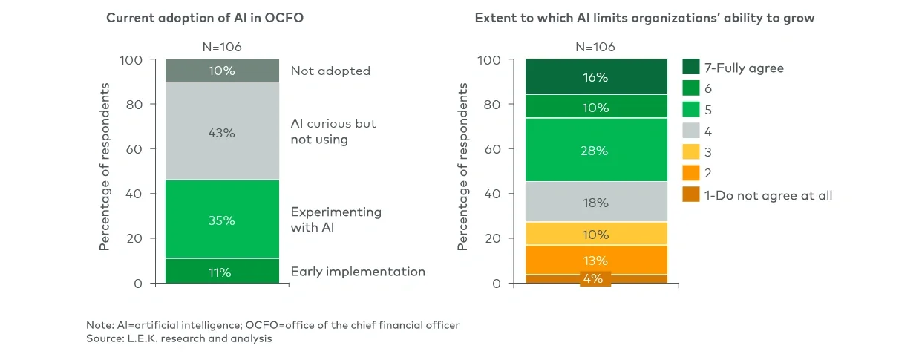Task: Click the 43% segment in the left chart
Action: tap(222, 132)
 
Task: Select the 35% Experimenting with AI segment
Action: tap(222, 220)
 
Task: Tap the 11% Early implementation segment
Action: tap(222, 272)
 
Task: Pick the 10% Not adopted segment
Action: tap(222, 71)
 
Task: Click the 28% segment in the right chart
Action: tap(596, 150)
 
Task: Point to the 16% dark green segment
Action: tap(596, 77)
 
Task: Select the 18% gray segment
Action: tap(596, 202)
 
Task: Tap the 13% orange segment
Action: tap(596, 260)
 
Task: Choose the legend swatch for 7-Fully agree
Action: tap(690, 68)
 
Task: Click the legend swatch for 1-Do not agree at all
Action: tap(690, 195)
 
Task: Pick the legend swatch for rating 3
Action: tap(690, 153)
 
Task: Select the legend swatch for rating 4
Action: tap(690, 131)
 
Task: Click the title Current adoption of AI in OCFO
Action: tap(205, 18)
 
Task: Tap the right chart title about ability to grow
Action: tap(644, 18)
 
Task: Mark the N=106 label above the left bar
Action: tap(222, 47)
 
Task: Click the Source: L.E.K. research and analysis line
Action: tap(179, 338)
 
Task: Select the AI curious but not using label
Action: tap(333, 131)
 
